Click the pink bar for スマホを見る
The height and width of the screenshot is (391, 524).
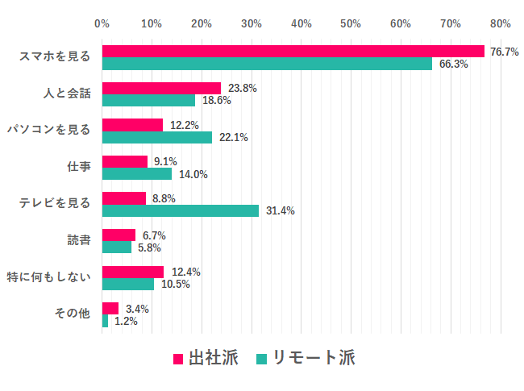point(293,51)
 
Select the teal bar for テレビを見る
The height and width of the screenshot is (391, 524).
point(181,210)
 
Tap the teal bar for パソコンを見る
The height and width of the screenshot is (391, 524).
point(157,137)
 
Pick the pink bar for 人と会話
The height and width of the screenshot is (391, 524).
point(161,88)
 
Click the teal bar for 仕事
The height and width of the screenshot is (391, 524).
point(137,173)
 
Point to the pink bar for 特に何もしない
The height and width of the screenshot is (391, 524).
point(133,272)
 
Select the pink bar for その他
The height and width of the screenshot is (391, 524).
point(110,308)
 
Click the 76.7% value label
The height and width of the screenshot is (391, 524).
point(504,52)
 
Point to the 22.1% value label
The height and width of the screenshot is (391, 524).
point(233,138)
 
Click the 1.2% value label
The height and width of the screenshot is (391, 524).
point(126,321)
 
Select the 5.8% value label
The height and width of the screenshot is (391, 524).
point(149,247)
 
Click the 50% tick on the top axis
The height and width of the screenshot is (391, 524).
point(351,23)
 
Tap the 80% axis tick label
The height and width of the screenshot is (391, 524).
point(500,23)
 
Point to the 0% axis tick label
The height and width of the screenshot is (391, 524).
point(102,23)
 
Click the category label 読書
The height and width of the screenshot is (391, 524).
point(79,240)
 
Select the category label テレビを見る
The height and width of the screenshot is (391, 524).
point(55,203)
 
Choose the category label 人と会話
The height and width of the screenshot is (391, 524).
point(67,94)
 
